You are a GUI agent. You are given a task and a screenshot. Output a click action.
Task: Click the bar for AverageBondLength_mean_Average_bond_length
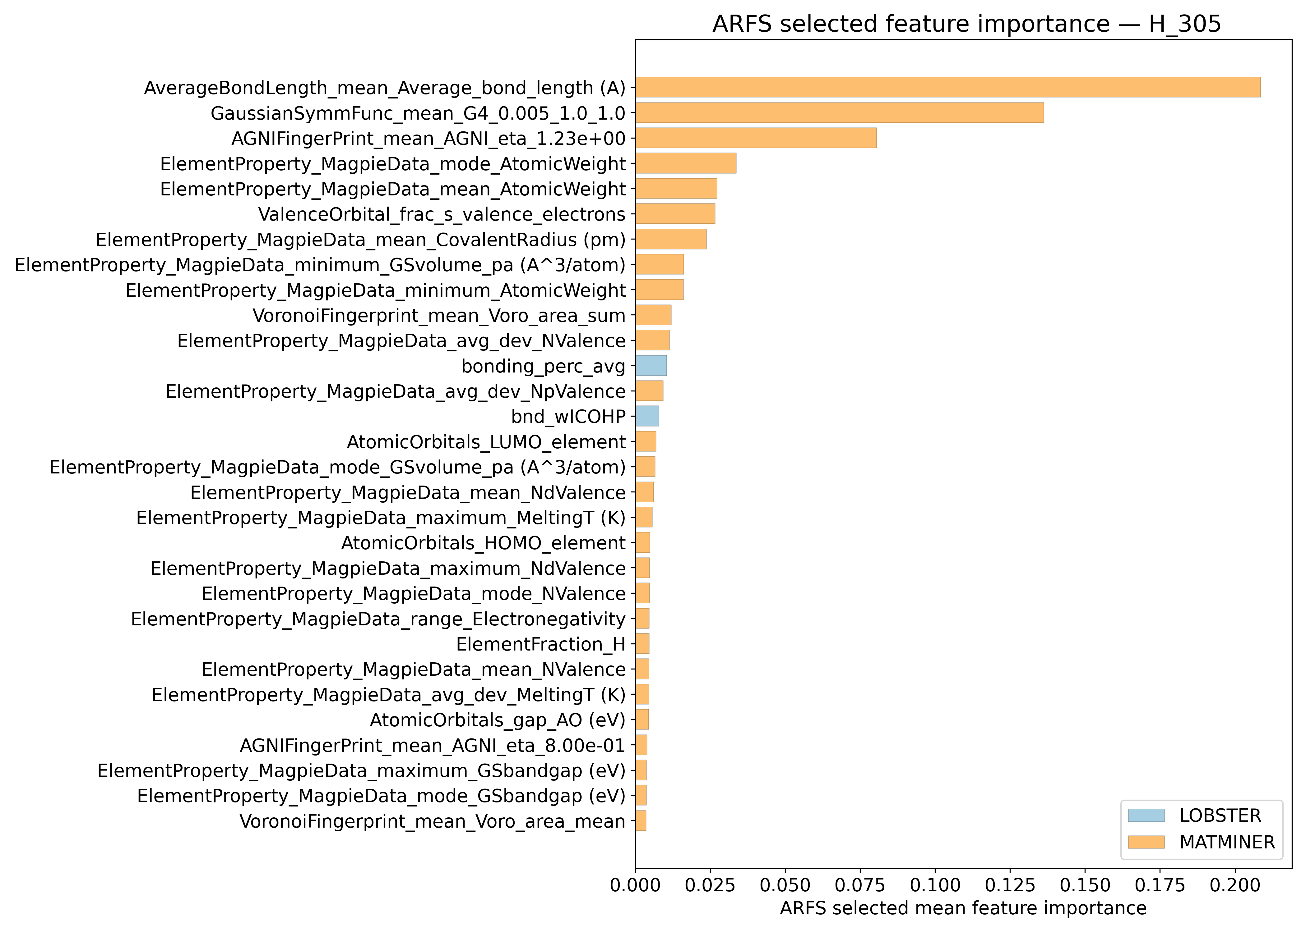tap(947, 87)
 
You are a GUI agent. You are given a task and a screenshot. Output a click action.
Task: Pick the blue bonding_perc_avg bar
tap(651, 366)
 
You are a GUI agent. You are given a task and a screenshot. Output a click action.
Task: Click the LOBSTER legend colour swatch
tap(1146, 815)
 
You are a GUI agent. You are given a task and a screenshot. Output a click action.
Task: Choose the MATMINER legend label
tap(1227, 842)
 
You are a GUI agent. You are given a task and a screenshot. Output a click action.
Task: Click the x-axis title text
tap(963, 908)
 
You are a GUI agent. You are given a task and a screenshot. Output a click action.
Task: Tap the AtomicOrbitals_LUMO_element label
tap(486, 442)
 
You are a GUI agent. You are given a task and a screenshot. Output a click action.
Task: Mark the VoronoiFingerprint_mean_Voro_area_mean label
tap(432, 821)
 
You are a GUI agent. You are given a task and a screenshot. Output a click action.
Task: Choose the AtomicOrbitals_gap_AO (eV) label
tap(497, 720)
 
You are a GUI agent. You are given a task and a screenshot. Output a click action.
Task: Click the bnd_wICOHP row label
tap(568, 416)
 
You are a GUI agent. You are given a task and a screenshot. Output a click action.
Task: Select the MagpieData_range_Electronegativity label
tap(378, 619)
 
